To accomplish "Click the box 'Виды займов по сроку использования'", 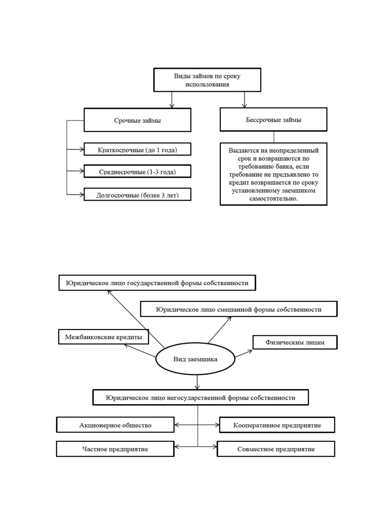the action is click(x=207, y=80).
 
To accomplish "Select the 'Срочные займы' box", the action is click(x=137, y=120).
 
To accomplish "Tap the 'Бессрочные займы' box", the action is click(x=273, y=119).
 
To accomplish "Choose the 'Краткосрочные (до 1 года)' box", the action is click(x=137, y=149).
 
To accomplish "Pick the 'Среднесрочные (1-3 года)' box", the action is click(x=137, y=171).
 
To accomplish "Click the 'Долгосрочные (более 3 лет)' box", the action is click(x=137, y=194).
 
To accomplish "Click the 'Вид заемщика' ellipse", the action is click(x=195, y=359).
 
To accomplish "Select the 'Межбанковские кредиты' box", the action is click(x=103, y=337).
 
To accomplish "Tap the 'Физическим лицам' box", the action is click(x=295, y=342).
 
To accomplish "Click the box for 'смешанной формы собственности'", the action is click(x=239, y=309).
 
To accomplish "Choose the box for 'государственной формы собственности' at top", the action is click(x=157, y=283).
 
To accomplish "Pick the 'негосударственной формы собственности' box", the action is click(x=201, y=397).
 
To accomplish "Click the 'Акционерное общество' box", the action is click(x=115, y=425).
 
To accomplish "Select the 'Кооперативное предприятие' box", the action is click(x=277, y=425).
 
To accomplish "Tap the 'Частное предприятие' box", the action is click(x=115, y=449).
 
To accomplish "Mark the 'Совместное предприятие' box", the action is click(x=276, y=449).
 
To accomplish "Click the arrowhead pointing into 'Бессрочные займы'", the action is click(x=244, y=106).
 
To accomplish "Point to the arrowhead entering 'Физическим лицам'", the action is click(x=250, y=352).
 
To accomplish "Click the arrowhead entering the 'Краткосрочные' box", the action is click(x=82, y=149).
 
